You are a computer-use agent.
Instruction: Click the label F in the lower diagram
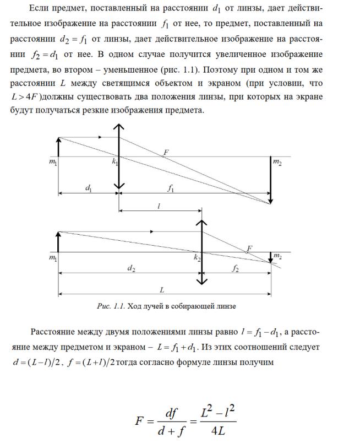pos(249,248)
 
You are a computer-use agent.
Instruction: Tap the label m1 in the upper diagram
pos(52,163)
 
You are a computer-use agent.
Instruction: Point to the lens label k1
pos(114,162)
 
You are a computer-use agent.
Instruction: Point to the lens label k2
pos(197,257)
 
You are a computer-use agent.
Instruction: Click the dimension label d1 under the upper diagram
pos(89,188)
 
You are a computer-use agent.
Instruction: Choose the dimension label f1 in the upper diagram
pos(171,188)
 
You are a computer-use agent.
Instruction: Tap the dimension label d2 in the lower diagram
pos(130,268)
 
